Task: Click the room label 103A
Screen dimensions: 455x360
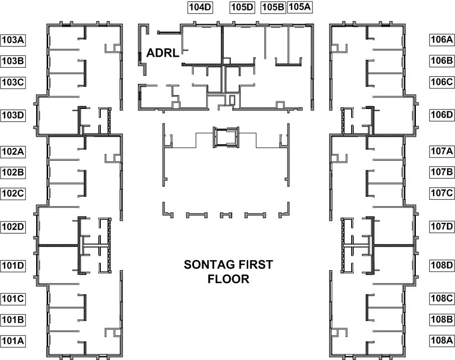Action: coord(13,40)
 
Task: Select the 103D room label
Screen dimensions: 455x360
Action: coord(13,115)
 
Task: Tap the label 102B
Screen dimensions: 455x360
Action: coord(13,172)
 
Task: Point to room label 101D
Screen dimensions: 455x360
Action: coord(13,266)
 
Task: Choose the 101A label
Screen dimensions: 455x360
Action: coord(13,341)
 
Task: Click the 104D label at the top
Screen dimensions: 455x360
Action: coord(200,7)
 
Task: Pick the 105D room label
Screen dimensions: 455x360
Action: coord(242,7)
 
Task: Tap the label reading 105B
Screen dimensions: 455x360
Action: coord(273,7)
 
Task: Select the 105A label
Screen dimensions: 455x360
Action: coord(300,7)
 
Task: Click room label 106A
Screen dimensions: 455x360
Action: coord(442,40)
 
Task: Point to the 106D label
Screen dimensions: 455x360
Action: coord(442,115)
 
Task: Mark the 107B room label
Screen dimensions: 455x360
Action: coord(442,172)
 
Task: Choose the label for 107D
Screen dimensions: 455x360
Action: coord(442,226)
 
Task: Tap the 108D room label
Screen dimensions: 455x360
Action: coord(442,265)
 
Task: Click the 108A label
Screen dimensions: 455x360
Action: coord(442,340)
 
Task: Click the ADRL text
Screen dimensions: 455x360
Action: coord(163,53)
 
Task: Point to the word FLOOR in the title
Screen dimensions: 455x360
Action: coord(229,279)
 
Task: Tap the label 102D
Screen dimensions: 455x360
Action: coord(13,227)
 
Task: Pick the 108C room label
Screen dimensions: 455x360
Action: coord(442,298)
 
